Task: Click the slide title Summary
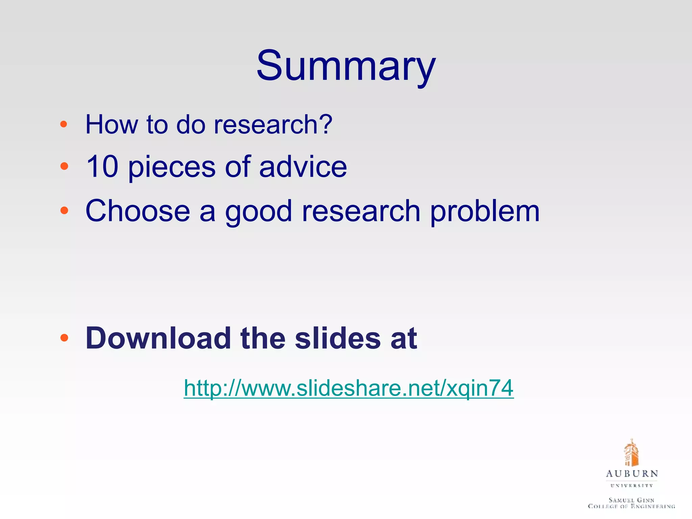point(346,66)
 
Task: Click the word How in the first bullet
point(112,124)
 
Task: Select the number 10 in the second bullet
point(102,166)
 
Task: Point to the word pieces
point(172,167)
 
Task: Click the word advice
point(303,166)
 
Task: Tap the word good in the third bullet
point(258,212)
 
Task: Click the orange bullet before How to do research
point(64,124)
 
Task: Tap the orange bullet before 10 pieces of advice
point(64,166)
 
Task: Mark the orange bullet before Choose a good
point(64,211)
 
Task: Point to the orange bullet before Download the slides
point(64,338)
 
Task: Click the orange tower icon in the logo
point(631,453)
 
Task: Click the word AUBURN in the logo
point(632,474)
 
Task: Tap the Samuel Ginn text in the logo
point(632,500)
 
